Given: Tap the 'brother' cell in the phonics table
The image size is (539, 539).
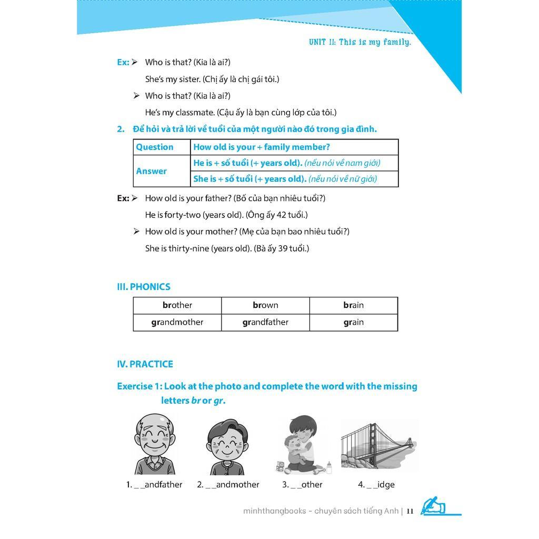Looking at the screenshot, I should [x=177, y=305].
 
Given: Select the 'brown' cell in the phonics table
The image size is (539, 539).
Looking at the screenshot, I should [x=265, y=305].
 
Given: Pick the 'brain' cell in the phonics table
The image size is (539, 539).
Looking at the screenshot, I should [x=353, y=305].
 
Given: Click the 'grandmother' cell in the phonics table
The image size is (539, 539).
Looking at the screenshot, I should [x=177, y=322].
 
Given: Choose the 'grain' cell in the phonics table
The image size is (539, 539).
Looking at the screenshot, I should [x=353, y=322].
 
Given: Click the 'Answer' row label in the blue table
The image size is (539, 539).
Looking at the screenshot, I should [x=152, y=171].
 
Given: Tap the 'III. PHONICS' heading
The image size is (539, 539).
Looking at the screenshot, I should [x=144, y=287].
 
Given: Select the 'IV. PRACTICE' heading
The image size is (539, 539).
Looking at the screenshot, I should [x=145, y=364].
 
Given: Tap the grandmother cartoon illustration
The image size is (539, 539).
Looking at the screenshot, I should [x=226, y=447].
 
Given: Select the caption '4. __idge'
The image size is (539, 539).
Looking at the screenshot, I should [x=376, y=485].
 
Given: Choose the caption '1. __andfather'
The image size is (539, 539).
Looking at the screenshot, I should [x=154, y=485].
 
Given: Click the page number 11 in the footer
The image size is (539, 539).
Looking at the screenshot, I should [x=410, y=511].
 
